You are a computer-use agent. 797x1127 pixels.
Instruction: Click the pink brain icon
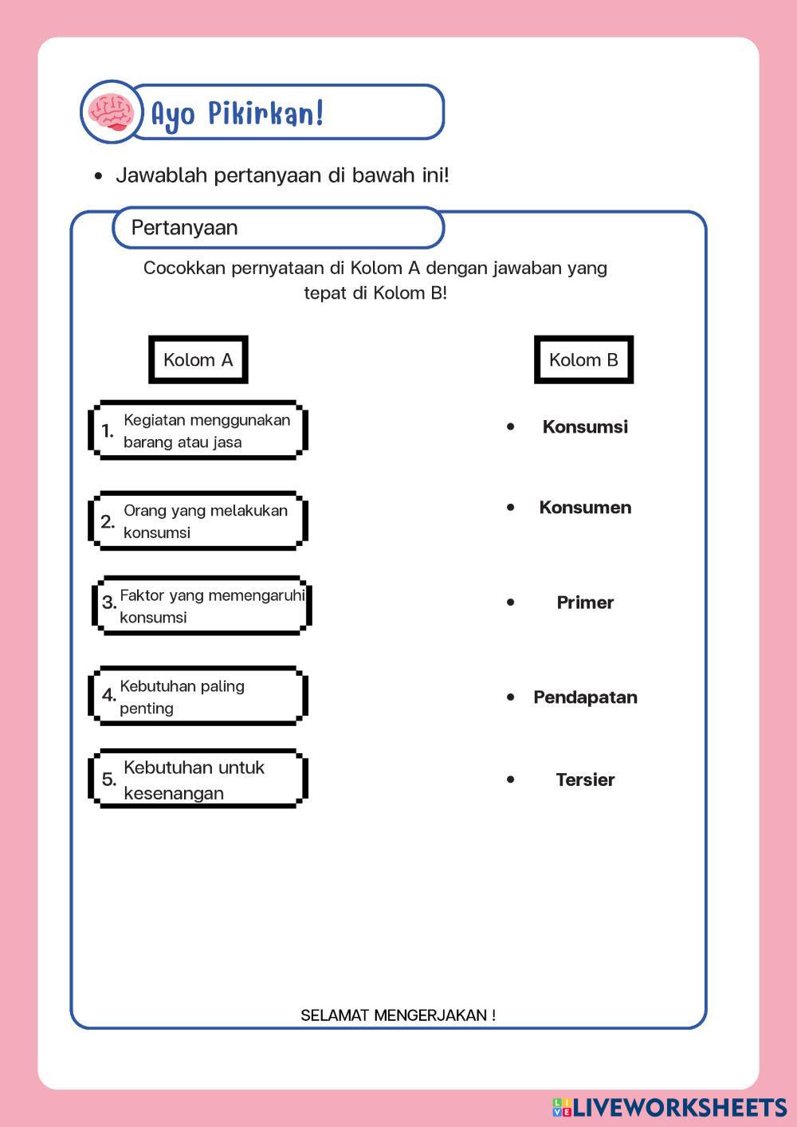coord(111,112)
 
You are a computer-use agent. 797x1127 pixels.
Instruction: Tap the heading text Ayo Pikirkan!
coord(238,113)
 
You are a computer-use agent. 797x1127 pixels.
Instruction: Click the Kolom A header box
coord(198,359)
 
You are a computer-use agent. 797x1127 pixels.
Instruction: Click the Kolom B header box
coord(583,359)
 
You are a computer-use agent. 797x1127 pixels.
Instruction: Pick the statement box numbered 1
coord(198,430)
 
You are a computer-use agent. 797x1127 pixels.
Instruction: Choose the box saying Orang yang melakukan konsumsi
coord(198,521)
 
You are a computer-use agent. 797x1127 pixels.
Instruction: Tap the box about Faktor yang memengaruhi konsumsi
coord(202,606)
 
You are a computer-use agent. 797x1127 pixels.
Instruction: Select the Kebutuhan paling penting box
coord(198,697)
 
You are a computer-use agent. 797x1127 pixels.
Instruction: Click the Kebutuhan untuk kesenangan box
coord(198,779)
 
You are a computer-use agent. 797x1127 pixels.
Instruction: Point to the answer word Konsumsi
coord(585,426)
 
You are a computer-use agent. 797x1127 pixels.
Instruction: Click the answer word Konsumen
coord(585,508)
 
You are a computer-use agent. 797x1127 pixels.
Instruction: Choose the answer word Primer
coord(585,603)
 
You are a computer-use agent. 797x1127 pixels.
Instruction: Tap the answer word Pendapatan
coord(585,697)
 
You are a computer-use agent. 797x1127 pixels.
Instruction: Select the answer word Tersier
coord(585,779)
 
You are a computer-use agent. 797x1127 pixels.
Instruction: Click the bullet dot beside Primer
coord(511,602)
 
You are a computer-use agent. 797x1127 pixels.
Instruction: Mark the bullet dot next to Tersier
coord(511,779)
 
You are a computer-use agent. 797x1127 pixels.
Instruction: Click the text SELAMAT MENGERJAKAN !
coord(398,1015)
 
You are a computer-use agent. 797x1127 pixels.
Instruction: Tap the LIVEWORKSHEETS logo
coord(669,1107)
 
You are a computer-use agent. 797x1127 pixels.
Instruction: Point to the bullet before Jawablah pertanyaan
coord(98,176)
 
